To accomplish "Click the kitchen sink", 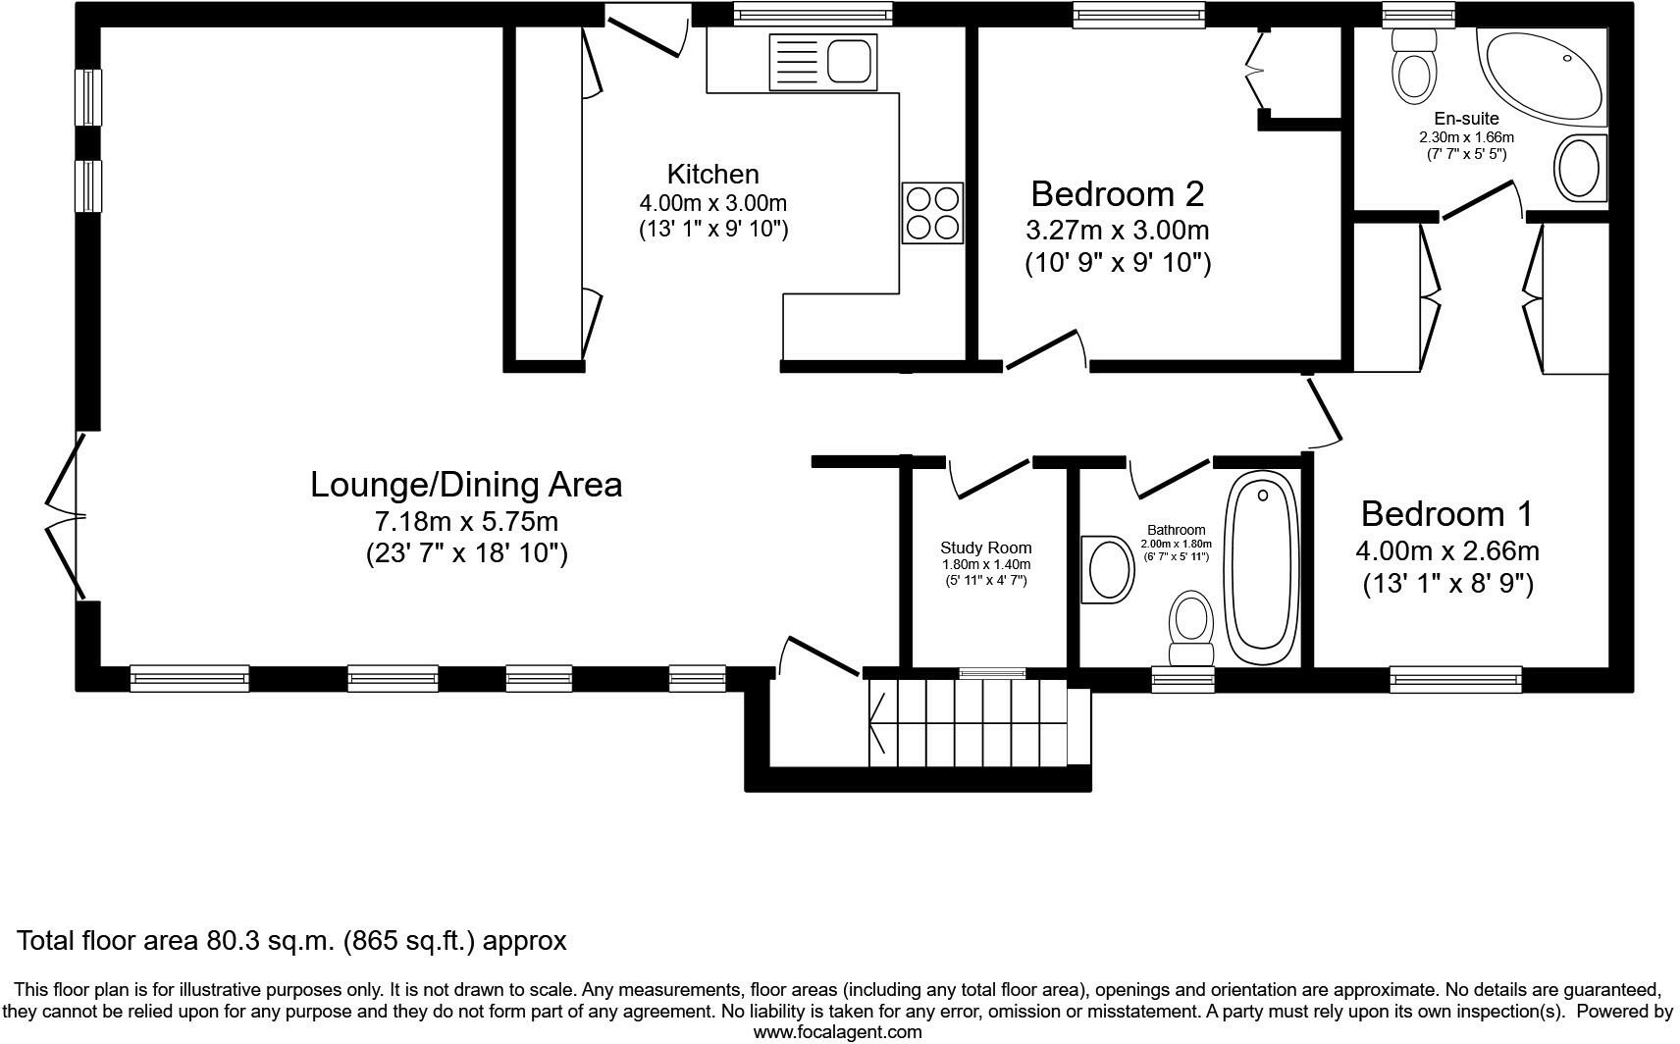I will pyautogui.click(x=823, y=62).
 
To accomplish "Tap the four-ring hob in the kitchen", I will pyautogui.click(x=932, y=213).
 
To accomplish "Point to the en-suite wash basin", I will pyautogui.click(x=1580, y=170).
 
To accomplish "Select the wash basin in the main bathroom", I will pyautogui.click(x=1109, y=569).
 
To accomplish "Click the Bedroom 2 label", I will pyautogui.click(x=1117, y=194).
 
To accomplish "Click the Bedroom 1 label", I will pyautogui.click(x=1446, y=513).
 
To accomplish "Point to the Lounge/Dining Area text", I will pyautogui.click(x=466, y=485).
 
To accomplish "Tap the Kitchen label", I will pyautogui.click(x=713, y=175).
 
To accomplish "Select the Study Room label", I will pyautogui.click(x=986, y=548).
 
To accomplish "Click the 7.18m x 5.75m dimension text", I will pyautogui.click(x=466, y=521).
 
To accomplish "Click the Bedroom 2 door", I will pyautogui.click(x=1043, y=350).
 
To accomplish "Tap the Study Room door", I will pyautogui.click(x=989, y=477).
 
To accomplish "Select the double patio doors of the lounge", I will pyautogui.click(x=67, y=515).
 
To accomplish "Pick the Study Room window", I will pyautogui.click(x=992, y=673).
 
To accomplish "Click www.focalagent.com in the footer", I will pyautogui.click(x=838, y=1032).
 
